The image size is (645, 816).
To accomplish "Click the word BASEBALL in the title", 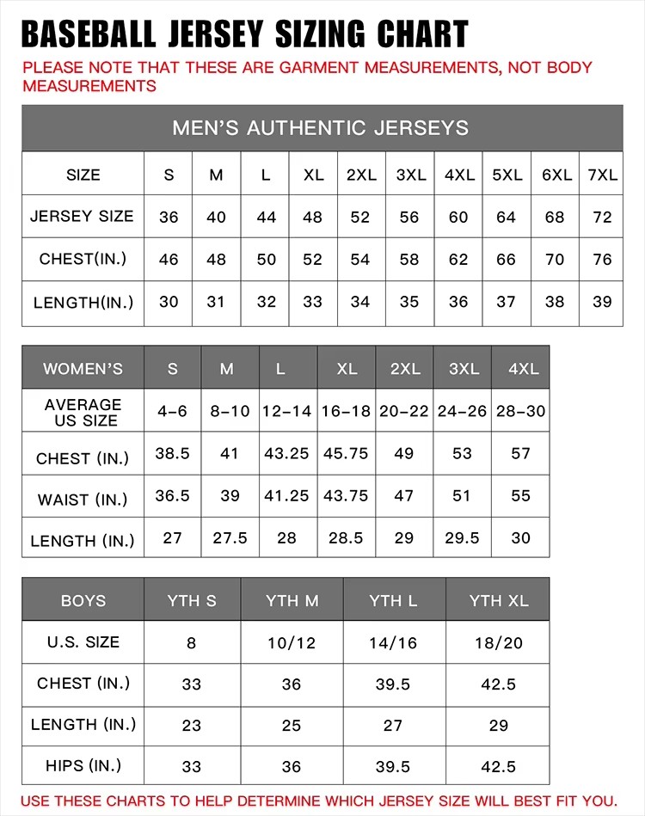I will [x=88, y=34].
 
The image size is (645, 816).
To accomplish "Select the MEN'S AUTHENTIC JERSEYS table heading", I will [x=321, y=128].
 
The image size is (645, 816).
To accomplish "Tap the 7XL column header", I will [x=602, y=175].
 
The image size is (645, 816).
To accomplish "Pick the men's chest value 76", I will [x=602, y=259].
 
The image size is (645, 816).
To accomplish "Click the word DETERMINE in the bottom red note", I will [x=284, y=801].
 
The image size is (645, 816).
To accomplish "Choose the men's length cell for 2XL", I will [x=360, y=302].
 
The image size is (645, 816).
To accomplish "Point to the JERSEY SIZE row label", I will [x=83, y=217].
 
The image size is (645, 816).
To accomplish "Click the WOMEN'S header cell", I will [x=83, y=369].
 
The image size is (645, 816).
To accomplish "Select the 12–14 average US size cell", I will [x=286, y=411].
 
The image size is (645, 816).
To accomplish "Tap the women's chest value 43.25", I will [x=286, y=453].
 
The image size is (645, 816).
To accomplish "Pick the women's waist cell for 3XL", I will [x=463, y=495].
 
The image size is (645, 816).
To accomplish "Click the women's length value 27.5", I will [x=230, y=537].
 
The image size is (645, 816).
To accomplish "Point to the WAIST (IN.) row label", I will [x=83, y=500].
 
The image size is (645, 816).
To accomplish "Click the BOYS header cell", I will [x=83, y=600].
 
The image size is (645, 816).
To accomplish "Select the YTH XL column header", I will [x=499, y=600].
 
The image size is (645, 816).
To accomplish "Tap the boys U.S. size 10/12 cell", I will [x=292, y=642].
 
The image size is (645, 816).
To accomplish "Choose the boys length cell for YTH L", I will [x=393, y=725].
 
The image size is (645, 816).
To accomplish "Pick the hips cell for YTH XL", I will [x=499, y=766].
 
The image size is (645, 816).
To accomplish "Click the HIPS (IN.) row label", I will [x=83, y=765].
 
